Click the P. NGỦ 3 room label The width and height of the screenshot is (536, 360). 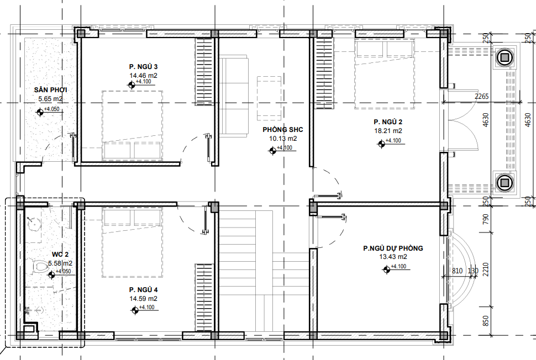pyautogui.click(x=143, y=67)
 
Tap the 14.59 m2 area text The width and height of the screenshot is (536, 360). pyautogui.click(x=143, y=299)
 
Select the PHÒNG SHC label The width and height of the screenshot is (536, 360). pyautogui.click(x=283, y=129)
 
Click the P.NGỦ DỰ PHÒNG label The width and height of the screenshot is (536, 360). pyautogui.click(x=393, y=248)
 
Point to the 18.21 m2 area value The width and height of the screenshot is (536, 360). pyautogui.click(x=388, y=130)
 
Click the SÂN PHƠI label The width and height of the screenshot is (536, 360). pyautogui.click(x=50, y=90)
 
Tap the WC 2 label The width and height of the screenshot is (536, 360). pyautogui.click(x=60, y=255)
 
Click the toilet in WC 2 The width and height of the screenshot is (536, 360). pyautogui.click(x=40, y=267)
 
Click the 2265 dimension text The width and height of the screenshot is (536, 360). pyautogui.click(x=481, y=96)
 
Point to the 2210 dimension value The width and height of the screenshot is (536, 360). pyautogui.click(x=485, y=269)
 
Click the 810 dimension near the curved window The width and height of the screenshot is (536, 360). pyautogui.click(x=457, y=271)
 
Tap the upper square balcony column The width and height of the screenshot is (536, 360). pyautogui.click(x=503, y=57)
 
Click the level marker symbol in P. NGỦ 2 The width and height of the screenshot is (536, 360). pyautogui.click(x=381, y=144)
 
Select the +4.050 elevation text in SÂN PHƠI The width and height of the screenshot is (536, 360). pyautogui.click(x=51, y=109)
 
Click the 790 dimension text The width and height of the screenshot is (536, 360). pyautogui.click(x=485, y=219)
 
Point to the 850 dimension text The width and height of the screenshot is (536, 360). pyautogui.click(x=485, y=321)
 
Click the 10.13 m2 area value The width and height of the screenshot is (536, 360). pyautogui.click(x=283, y=139)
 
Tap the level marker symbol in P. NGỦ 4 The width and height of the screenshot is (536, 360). pyautogui.click(x=135, y=310)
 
